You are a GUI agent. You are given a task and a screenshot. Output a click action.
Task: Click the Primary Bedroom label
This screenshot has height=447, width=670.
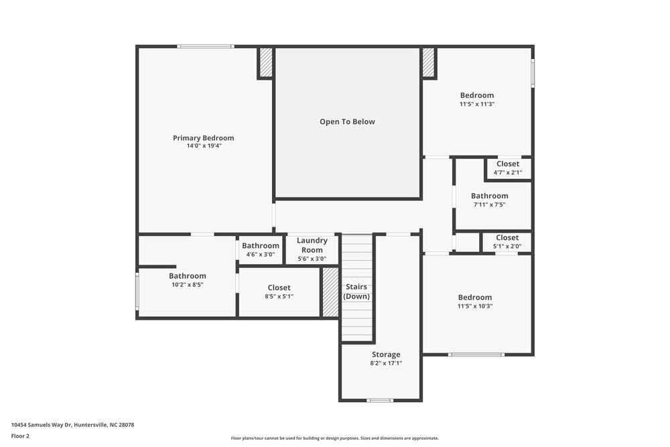[x=203, y=138]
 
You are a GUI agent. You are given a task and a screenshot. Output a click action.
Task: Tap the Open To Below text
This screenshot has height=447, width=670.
[x=347, y=122]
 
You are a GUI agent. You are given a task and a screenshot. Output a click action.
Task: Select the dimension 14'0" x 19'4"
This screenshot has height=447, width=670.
[x=204, y=145]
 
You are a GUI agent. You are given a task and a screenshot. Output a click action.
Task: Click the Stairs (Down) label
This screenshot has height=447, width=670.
[x=356, y=292]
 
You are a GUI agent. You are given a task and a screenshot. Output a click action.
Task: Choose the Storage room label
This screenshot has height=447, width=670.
[x=386, y=355]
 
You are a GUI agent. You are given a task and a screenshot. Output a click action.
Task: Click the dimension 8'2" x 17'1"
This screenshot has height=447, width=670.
[x=386, y=363]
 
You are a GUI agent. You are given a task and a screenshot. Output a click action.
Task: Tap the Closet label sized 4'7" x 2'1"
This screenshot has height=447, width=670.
[x=508, y=164]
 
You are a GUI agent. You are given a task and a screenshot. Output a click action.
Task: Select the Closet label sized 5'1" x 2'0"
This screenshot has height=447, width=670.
[x=507, y=238]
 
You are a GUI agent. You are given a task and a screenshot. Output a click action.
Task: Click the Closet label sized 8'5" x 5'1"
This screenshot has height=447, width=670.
[x=279, y=288]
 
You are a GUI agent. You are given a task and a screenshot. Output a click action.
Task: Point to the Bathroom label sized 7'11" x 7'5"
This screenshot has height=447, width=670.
[x=489, y=196]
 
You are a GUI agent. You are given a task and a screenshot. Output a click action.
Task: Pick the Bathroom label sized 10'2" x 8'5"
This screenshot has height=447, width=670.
[x=187, y=276]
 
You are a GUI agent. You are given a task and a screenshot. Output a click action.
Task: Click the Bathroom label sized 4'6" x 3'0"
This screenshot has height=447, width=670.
[x=261, y=246]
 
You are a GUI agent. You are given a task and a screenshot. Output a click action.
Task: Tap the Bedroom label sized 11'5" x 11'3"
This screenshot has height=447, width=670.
[x=476, y=95]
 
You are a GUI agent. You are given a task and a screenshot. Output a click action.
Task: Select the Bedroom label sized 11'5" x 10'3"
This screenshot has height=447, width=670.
[x=474, y=298]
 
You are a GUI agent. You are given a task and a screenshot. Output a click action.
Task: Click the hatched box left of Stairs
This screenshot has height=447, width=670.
[x=330, y=292]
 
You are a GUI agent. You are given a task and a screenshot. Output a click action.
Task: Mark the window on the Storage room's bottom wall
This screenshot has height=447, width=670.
[x=380, y=401]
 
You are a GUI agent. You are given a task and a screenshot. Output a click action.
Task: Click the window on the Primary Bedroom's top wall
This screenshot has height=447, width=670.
[x=206, y=46]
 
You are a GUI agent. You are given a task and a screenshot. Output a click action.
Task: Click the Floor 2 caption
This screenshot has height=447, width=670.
[x=20, y=436]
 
